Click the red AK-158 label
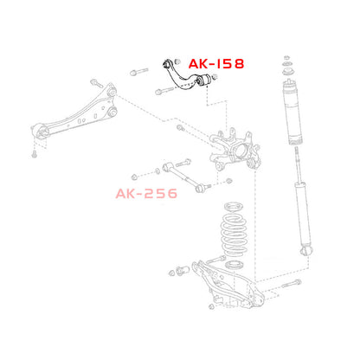(x=216, y=64)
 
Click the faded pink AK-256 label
(x=146, y=194)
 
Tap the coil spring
(x=234, y=234)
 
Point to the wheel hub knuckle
(x=235, y=151)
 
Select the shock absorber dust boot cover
(x=292, y=112)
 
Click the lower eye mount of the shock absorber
(x=306, y=250)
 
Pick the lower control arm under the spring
(x=228, y=286)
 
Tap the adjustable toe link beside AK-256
(x=183, y=176)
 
